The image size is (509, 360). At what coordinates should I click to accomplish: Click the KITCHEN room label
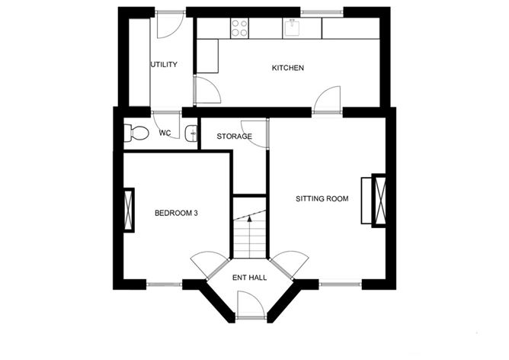(287, 68)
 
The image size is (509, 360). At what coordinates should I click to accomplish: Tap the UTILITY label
(164, 65)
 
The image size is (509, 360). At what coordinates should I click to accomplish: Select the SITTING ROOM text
(322, 198)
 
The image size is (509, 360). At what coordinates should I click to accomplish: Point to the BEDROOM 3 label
(176, 213)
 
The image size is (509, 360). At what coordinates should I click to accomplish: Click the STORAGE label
(234, 136)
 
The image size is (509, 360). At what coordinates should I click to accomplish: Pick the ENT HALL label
(250, 278)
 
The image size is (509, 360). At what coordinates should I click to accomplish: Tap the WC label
(165, 133)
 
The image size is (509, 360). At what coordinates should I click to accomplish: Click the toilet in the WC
(136, 133)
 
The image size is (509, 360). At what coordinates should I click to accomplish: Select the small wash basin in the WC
(191, 133)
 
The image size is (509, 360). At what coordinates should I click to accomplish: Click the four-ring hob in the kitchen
(239, 28)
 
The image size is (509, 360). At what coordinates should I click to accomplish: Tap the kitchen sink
(293, 27)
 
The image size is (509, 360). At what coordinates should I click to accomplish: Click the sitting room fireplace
(373, 201)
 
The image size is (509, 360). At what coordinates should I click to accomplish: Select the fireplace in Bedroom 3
(129, 210)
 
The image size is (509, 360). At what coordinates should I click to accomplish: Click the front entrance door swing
(250, 304)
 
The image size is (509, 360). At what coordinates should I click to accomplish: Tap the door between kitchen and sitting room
(328, 99)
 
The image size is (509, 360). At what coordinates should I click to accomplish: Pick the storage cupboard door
(255, 134)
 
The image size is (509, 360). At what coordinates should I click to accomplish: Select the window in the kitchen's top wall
(322, 13)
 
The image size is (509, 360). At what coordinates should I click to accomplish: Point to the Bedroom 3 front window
(165, 284)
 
